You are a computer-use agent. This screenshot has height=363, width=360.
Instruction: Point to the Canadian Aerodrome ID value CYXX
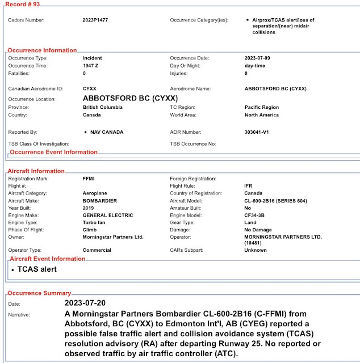(x=90, y=89)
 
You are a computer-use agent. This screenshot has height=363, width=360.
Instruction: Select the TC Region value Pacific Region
(x=262, y=107)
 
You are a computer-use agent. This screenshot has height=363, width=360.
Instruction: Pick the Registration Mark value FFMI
(x=90, y=179)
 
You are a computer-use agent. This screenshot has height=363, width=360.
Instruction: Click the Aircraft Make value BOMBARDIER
(x=99, y=201)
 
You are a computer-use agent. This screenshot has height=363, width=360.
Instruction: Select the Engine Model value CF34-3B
(x=256, y=216)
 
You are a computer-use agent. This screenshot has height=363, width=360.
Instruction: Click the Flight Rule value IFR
(x=249, y=186)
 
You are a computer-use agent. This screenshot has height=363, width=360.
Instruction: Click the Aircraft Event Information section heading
(x=48, y=259)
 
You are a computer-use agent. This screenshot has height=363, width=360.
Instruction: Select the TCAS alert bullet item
(x=37, y=269)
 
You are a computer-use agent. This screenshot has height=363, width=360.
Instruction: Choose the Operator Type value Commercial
(x=98, y=250)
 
